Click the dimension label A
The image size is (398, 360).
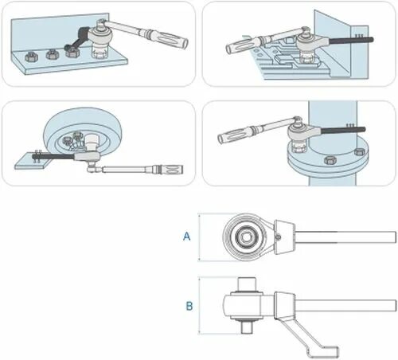click(187, 236)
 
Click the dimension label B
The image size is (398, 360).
click(189, 306)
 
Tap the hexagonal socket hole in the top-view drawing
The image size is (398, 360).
click(246, 237)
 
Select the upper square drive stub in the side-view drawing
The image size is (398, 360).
click(247, 284)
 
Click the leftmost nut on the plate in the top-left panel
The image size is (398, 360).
click(31, 57)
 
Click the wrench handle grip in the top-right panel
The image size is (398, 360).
click(240, 45)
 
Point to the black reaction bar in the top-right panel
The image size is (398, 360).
click(351, 41)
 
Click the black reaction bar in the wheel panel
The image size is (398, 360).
click(53, 157)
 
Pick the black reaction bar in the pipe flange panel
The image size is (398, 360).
click(343, 131)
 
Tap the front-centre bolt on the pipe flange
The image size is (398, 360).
click(330, 160)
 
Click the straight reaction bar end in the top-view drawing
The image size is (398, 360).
click(345, 237)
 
